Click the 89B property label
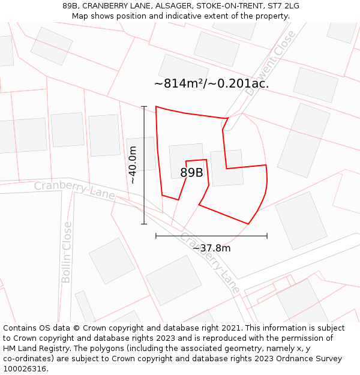tap(191, 173)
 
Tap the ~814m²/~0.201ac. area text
tap(211, 84)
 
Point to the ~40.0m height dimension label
tap(133, 165)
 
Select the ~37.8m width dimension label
tap(211, 248)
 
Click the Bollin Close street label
tap(67, 252)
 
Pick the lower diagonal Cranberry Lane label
tap(209, 262)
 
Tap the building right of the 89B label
tap(227, 168)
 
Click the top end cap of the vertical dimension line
tap(144, 106)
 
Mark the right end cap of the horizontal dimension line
tap(267, 236)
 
